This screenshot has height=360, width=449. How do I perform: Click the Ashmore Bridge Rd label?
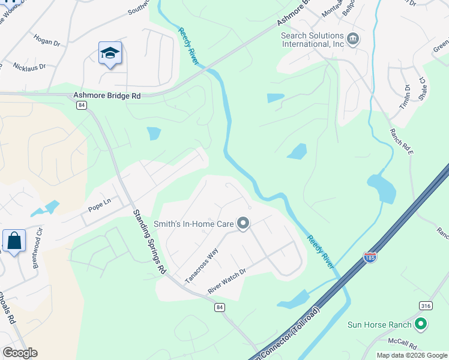click(x=107, y=95)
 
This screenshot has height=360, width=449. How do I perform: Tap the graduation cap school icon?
click(x=110, y=54)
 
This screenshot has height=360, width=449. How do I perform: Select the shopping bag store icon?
click(x=14, y=241)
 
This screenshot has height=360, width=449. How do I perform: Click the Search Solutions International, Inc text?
click(x=313, y=40)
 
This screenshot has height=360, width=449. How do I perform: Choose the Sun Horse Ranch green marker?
click(x=421, y=325)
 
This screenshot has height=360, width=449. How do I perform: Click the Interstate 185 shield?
click(x=370, y=257)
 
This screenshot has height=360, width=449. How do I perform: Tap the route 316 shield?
click(x=426, y=306)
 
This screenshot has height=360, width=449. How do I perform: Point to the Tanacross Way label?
click(x=201, y=267)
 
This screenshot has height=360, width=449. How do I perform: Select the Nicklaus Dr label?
click(x=29, y=67)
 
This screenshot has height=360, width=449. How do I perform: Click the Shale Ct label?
click(x=422, y=88)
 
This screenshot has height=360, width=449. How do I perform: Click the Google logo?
click(x=20, y=353)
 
